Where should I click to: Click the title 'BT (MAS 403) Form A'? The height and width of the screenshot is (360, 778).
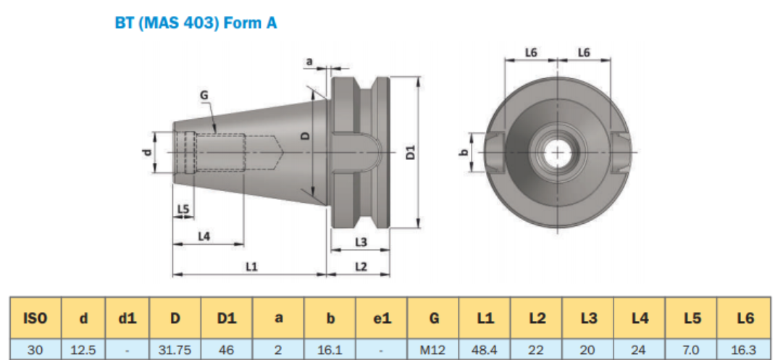(x=196, y=23)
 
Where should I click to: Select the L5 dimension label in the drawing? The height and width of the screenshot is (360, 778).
(x=183, y=209)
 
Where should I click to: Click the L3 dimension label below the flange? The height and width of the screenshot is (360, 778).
(x=361, y=240)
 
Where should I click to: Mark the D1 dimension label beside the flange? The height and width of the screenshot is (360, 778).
(x=410, y=152)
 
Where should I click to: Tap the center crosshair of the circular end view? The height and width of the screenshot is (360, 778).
(x=556, y=153)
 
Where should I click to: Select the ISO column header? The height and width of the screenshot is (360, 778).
(x=35, y=317)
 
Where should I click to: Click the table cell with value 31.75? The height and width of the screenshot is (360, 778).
(x=175, y=350)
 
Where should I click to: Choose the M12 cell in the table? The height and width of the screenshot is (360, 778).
(x=432, y=350)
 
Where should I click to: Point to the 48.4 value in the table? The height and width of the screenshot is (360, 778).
(x=485, y=350)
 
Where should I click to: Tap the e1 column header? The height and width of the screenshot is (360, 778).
(x=381, y=317)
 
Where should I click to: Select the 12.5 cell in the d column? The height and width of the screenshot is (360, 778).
(x=83, y=350)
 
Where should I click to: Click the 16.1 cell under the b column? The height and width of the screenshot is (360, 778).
(x=330, y=350)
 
